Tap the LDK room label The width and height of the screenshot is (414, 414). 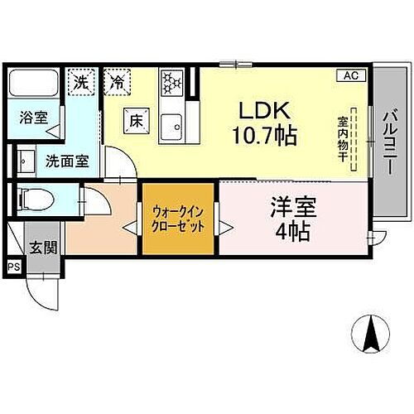tap(262, 111)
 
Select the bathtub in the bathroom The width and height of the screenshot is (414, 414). tap(34, 85)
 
